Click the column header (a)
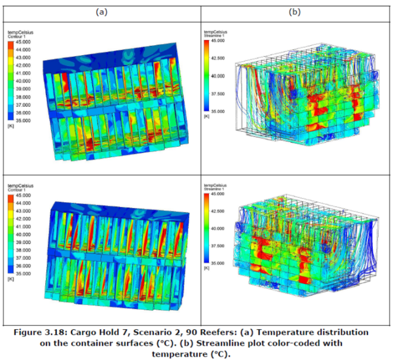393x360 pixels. coord(102,12)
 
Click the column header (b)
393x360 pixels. coord(294,12)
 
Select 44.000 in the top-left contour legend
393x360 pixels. coord(23,49)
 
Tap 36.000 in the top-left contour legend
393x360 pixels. coord(23,113)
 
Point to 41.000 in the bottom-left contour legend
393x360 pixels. coord(23,227)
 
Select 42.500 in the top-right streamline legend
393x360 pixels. coord(217,58)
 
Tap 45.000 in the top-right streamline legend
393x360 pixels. coord(217,40)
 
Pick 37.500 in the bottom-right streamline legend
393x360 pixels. coord(217,246)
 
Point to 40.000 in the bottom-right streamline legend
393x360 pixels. coord(217,228)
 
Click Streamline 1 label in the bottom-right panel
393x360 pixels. coord(213,189)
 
